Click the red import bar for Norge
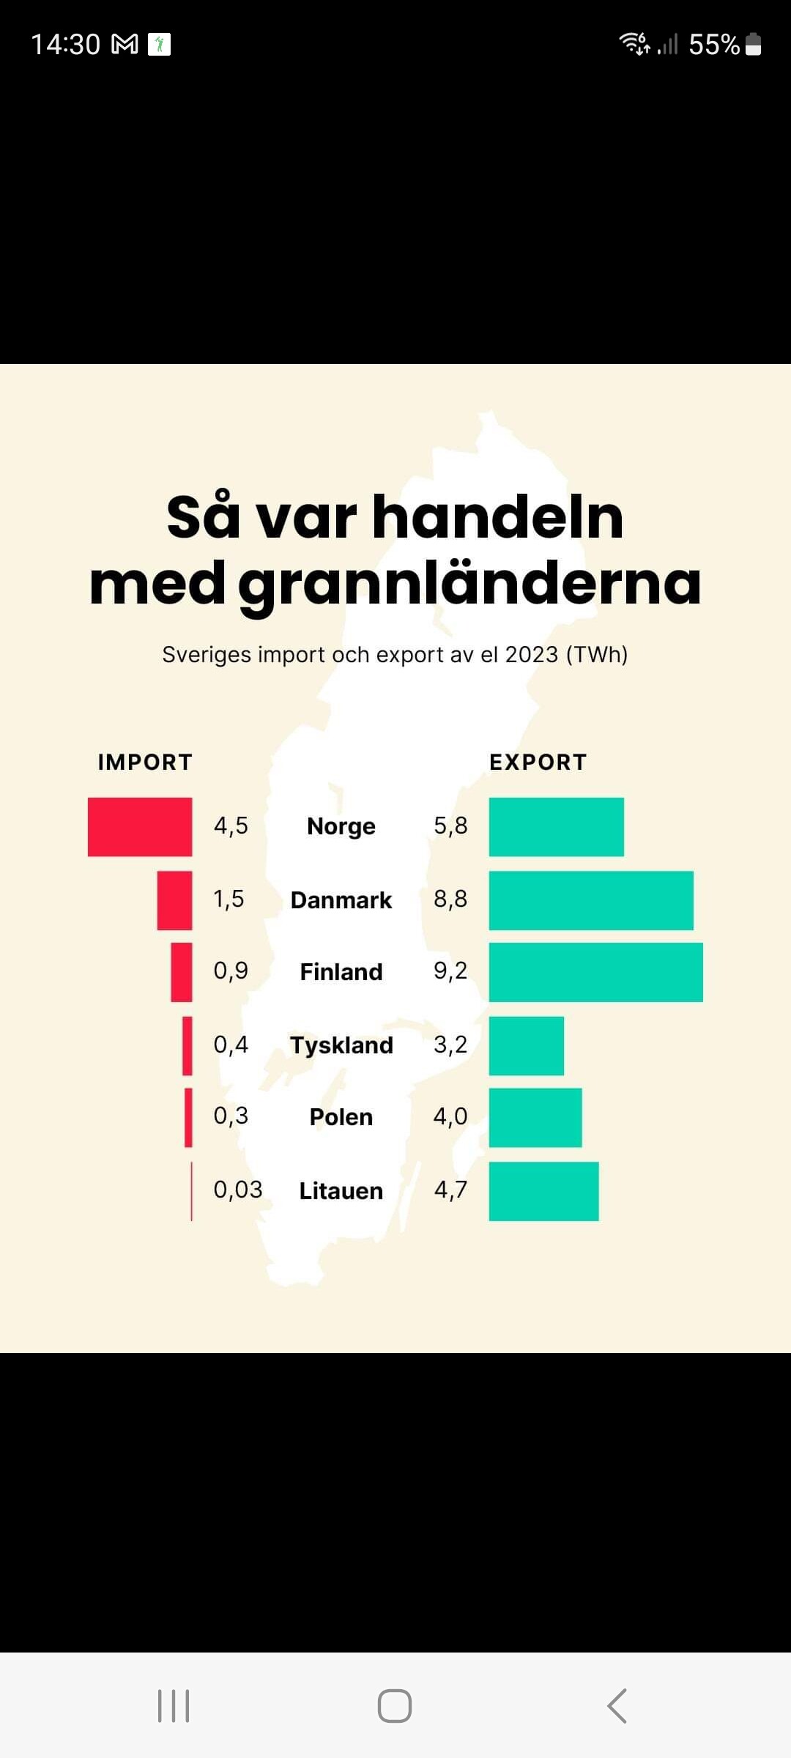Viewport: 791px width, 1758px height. (140, 827)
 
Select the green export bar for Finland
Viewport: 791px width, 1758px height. (595, 972)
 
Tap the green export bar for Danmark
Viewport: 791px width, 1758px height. (591, 900)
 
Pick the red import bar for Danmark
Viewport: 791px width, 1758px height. (174, 900)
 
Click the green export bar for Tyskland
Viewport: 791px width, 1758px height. (526, 1045)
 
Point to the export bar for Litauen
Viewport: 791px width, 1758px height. (543, 1191)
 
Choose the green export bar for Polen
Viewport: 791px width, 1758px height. (535, 1118)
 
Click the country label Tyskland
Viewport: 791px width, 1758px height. (341, 1045)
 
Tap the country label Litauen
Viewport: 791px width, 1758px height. (341, 1191)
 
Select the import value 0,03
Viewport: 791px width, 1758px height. (237, 1190)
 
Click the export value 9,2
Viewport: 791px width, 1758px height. (450, 971)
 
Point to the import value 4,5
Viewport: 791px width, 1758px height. (231, 826)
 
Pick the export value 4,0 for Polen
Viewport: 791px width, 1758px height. (450, 1116)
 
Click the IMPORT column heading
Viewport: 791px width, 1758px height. (145, 763)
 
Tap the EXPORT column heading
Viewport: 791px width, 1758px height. (538, 763)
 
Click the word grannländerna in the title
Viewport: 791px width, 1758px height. (469, 584)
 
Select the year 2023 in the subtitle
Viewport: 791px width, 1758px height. (532, 654)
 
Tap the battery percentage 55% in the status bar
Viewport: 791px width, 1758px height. (714, 45)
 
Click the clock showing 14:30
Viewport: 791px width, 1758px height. (66, 45)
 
